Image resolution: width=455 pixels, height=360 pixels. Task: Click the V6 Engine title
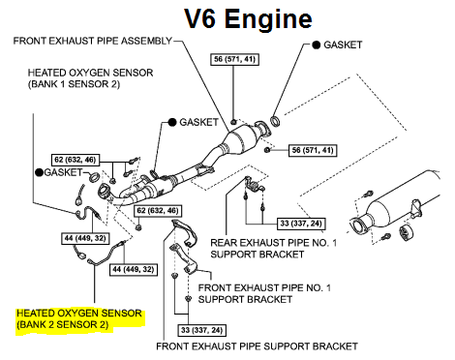[x=248, y=18]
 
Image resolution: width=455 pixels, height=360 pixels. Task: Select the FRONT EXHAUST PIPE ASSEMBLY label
[x=93, y=41]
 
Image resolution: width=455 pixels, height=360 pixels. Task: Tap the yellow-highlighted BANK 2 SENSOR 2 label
[x=63, y=324]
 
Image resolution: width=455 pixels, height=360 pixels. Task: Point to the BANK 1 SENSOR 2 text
[x=74, y=84]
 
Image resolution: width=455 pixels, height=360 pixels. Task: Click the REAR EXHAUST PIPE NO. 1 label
[x=273, y=243]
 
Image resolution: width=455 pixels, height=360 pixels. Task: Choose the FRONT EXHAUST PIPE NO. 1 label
[x=264, y=287]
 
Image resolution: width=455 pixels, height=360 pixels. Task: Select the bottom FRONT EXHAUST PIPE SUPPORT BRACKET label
[x=257, y=346]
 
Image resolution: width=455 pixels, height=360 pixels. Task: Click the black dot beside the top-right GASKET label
[x=317, y=45]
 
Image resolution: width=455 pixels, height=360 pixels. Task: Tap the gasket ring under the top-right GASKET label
[x=275, y=121]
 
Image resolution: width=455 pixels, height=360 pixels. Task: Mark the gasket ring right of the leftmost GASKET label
[x=95, y=177]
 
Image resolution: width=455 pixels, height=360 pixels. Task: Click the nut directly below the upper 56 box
[x=233, y=122]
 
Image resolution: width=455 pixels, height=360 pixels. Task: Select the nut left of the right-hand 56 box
[x=267, y=150]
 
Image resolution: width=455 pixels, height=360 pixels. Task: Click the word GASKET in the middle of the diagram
[x=198, y=122]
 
